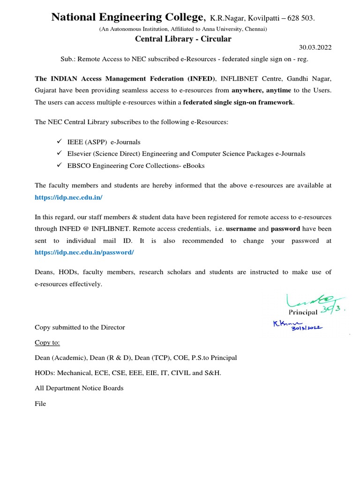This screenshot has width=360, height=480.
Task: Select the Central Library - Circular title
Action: click(183, 39)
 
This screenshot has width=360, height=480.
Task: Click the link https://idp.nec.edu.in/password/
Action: click(84, 252)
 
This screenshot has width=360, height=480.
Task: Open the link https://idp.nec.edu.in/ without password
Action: click(68, 197)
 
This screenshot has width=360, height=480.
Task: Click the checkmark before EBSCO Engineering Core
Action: click(59, 165)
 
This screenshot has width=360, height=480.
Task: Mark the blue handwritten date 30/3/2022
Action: click(307, 329)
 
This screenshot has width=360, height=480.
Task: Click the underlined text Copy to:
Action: click(47, 342)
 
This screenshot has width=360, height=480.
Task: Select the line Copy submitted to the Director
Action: click(80, 327)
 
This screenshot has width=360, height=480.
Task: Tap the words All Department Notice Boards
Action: click(79, 388)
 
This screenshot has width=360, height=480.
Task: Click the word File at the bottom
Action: click(40, 404)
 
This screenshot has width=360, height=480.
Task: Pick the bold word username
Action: click(241, 229)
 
